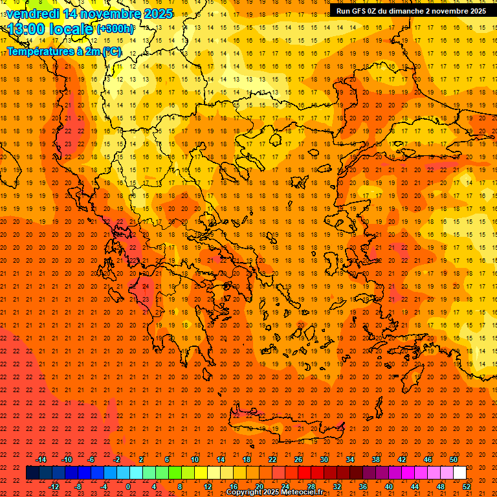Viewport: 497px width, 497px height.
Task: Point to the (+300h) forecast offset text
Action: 115,28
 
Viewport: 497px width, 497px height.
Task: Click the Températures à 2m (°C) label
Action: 63,51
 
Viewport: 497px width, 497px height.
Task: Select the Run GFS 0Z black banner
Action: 412,10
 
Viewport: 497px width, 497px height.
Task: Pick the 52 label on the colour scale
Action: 467,486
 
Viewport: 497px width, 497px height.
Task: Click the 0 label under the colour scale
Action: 129,486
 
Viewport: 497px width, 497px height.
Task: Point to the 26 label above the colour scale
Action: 298,459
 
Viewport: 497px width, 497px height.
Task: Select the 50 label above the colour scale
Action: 454,459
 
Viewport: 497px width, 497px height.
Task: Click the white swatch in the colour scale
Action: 459,473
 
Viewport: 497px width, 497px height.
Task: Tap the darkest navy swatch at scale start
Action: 32,473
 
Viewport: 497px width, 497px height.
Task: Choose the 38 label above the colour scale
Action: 376,459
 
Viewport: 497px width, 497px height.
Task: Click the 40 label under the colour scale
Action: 389,486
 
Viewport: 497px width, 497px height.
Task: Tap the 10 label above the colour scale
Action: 195,459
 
